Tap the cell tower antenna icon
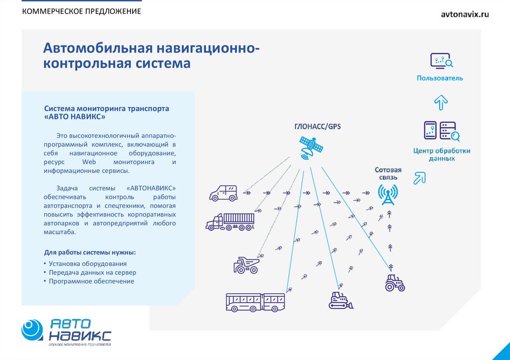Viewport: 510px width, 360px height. (387, 194)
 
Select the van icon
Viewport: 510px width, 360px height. (224, 193)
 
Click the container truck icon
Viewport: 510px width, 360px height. (230, 222)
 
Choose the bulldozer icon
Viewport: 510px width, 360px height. (341, 300)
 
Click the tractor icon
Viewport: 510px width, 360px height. (395, 282)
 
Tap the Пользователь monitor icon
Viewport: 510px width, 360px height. (441, 61)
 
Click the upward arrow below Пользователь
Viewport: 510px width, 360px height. (441, 102)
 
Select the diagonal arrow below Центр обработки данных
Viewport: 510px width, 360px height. (420, 177)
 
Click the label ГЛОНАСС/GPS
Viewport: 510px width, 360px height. (317, 126)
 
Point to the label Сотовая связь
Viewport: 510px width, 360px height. (388, 174)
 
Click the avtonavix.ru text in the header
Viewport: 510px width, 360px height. (465, 14)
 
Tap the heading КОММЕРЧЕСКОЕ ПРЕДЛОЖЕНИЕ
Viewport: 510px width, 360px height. (81, 11)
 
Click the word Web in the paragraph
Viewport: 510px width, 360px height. (89, 162)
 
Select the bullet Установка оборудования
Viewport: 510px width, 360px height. (88, 264)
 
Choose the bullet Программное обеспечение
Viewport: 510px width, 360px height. (92, 281)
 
